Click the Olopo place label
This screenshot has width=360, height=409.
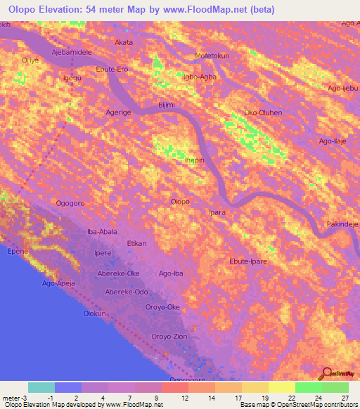point(180,202)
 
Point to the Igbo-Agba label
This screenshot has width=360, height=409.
point(199,77)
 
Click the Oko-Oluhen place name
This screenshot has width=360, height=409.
point(262,112)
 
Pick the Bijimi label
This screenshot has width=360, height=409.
point(166,105)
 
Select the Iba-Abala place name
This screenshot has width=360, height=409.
point(101,231)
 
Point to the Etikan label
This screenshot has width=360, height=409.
point(136,243)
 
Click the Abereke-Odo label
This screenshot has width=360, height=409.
point(127,292)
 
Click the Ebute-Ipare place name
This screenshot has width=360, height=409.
point(248,261)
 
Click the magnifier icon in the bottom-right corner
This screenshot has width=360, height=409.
point(328,375)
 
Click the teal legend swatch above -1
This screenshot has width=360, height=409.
point(41,387)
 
